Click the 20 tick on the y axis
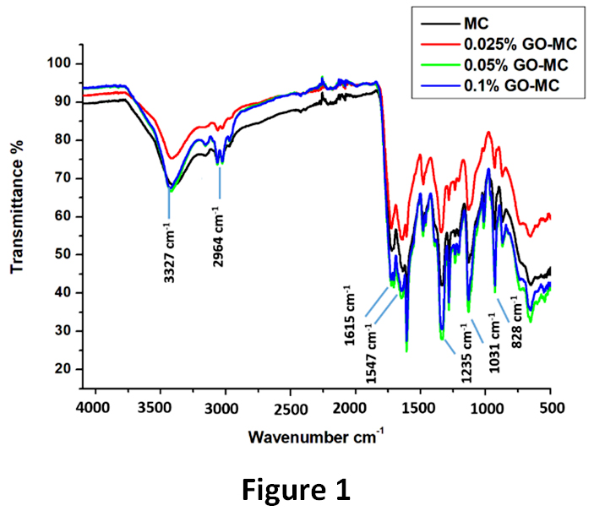click(x=62, y=368)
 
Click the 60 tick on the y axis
click(x=62, y=216)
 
